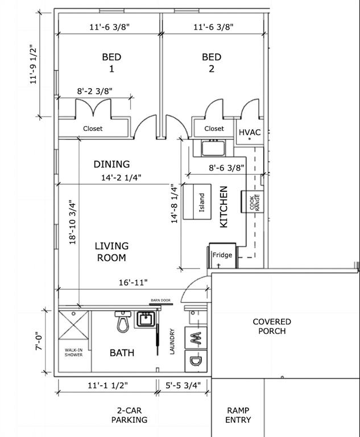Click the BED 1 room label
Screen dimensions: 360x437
[x=111, y=63]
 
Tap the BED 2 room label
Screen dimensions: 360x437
[x=212, y=63]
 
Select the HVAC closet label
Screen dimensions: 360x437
[x=250, y=132]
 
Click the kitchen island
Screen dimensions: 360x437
[x=197, y=201]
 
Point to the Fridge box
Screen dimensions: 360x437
[x=222, y=256]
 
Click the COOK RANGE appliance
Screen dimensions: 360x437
[x=253, y=202]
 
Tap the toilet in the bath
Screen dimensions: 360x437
[x=123, y=321]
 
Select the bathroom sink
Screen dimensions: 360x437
[x=146, y=319]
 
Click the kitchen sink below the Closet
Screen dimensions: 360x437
[x=213, y=148]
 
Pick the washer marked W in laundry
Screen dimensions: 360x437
[x=196, y=338]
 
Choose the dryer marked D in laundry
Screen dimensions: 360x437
[x=196, y=361]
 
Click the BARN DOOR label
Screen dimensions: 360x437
[x=160, y=300]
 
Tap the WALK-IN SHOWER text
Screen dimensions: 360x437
[x=73, y=352]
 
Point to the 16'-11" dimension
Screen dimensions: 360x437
[x=133, y=283]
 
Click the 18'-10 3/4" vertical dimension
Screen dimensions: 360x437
[x=72, y=222]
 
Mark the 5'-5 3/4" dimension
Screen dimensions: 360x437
[x=183, y=385]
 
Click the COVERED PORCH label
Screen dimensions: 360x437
[x=272, y=327]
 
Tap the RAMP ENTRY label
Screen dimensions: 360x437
[x=238, y=415]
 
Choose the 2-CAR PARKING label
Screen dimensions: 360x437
[x=129, y=415]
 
